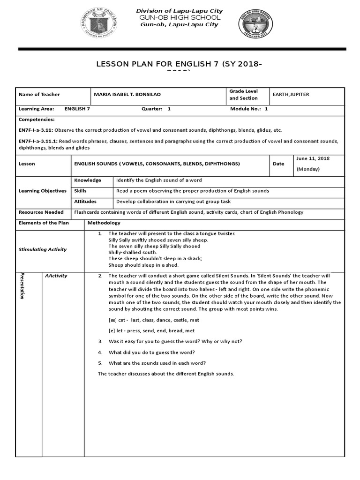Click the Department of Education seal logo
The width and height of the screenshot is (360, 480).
100,22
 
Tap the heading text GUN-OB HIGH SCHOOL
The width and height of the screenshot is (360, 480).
180,17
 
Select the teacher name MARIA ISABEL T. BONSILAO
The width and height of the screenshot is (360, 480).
127,95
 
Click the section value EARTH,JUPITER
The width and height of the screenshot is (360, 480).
291,95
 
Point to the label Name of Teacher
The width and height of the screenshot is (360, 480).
39,95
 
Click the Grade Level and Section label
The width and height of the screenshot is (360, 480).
243,95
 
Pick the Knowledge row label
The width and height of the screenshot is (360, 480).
88,180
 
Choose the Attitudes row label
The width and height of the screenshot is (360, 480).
86,202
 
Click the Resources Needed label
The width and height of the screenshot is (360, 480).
41,212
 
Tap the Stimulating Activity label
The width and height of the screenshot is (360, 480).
43,250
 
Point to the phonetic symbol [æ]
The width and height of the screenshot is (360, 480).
112,320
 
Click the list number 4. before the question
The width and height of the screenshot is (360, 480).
100,352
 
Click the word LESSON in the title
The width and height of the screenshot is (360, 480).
112,64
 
